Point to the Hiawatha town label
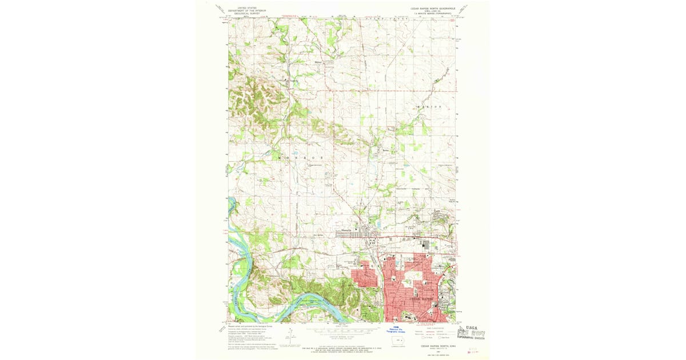[x=346, y=231]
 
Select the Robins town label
[x=378, y=151]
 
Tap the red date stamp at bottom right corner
[x=473, y=351]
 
